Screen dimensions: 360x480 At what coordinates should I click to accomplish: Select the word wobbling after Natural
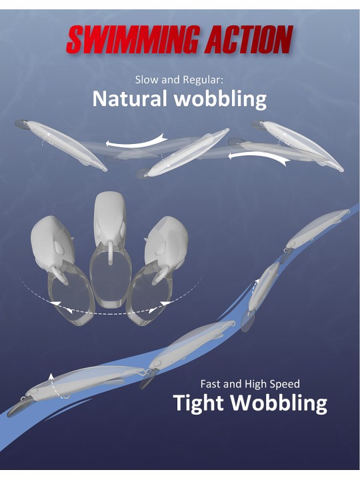(x=220, y=99)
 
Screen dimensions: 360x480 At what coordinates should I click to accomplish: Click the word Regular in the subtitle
(x=203, y=81)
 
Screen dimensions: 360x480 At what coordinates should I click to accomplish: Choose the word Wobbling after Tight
(x=279, y=403)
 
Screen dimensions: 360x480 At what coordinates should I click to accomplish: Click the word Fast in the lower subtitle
(x=211, y=384)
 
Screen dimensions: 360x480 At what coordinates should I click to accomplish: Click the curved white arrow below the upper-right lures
(x=259, y=157)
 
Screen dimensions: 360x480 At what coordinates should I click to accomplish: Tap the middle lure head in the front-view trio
(x=109, y=217)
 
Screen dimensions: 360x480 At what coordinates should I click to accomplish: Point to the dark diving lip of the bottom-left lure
(x=19, y=407)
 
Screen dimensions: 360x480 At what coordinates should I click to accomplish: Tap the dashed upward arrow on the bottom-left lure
(x=53, y=386)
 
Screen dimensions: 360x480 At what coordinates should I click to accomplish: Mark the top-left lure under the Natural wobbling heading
(x=61, y=145)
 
